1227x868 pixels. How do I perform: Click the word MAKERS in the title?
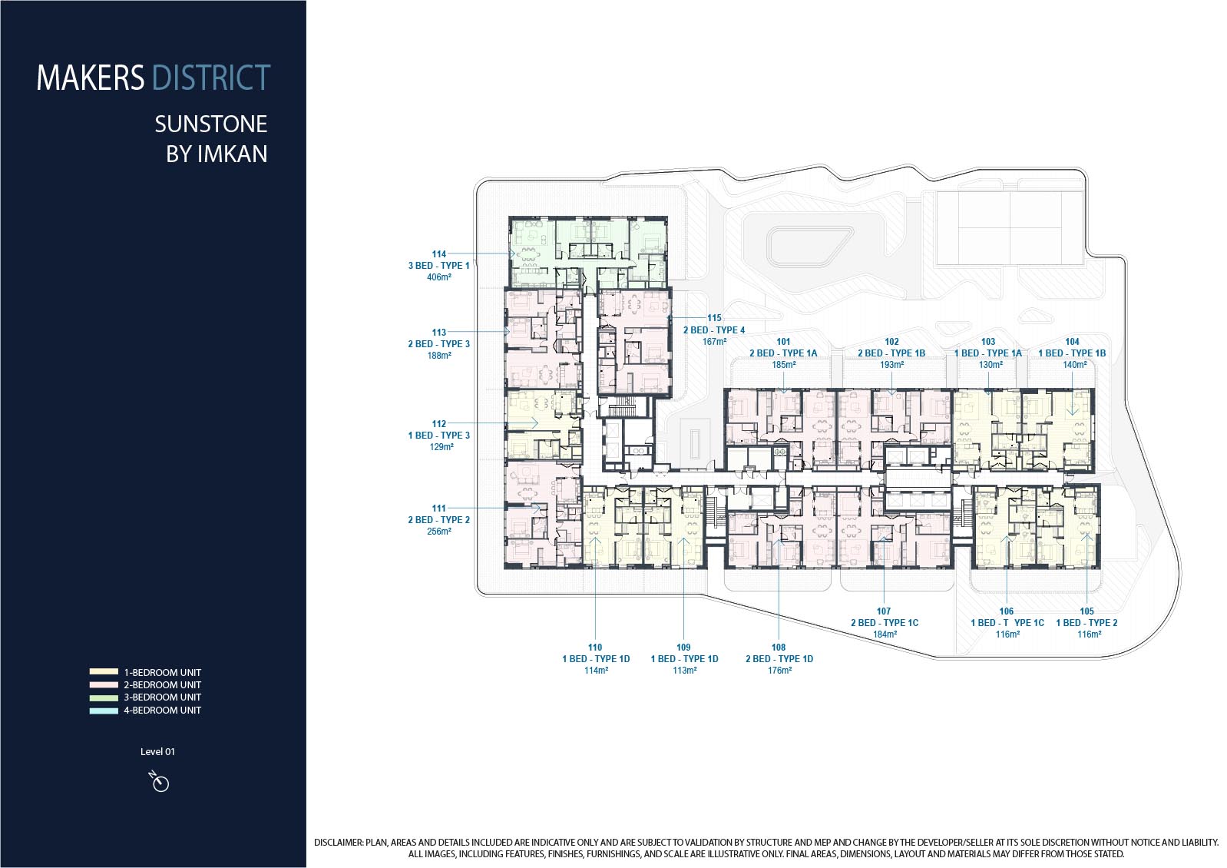tap(91, 78)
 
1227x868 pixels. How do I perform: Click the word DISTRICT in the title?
tap(211, 78)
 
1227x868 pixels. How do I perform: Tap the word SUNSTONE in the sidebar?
tap(211, 124)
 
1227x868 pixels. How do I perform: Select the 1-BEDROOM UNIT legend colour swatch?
tap(104, 672)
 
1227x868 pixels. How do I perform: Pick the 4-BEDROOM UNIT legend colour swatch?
tap(104, 711)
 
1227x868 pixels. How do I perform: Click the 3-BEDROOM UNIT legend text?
tap(162, 697)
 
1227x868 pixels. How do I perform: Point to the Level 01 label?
tap(157, 752)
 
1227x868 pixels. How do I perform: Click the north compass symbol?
tap(160, 781)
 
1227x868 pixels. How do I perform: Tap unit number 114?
tap(438, 253)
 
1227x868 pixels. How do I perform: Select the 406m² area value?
tap(438, 277)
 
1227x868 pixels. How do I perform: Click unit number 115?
tap(714, 318)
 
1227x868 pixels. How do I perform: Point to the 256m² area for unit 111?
tap(438, 532)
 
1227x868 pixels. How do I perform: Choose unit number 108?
tap(779, 648)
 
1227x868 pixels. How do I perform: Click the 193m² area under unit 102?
tap(891, 365)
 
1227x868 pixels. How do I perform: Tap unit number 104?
tap(1072, 341)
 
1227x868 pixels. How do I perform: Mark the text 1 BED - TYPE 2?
tap(1086, 622)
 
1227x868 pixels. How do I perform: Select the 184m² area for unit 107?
tap(885, 634)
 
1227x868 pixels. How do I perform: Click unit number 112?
tap(438, 423)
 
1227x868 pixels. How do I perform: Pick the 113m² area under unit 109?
tap(685, 671)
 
